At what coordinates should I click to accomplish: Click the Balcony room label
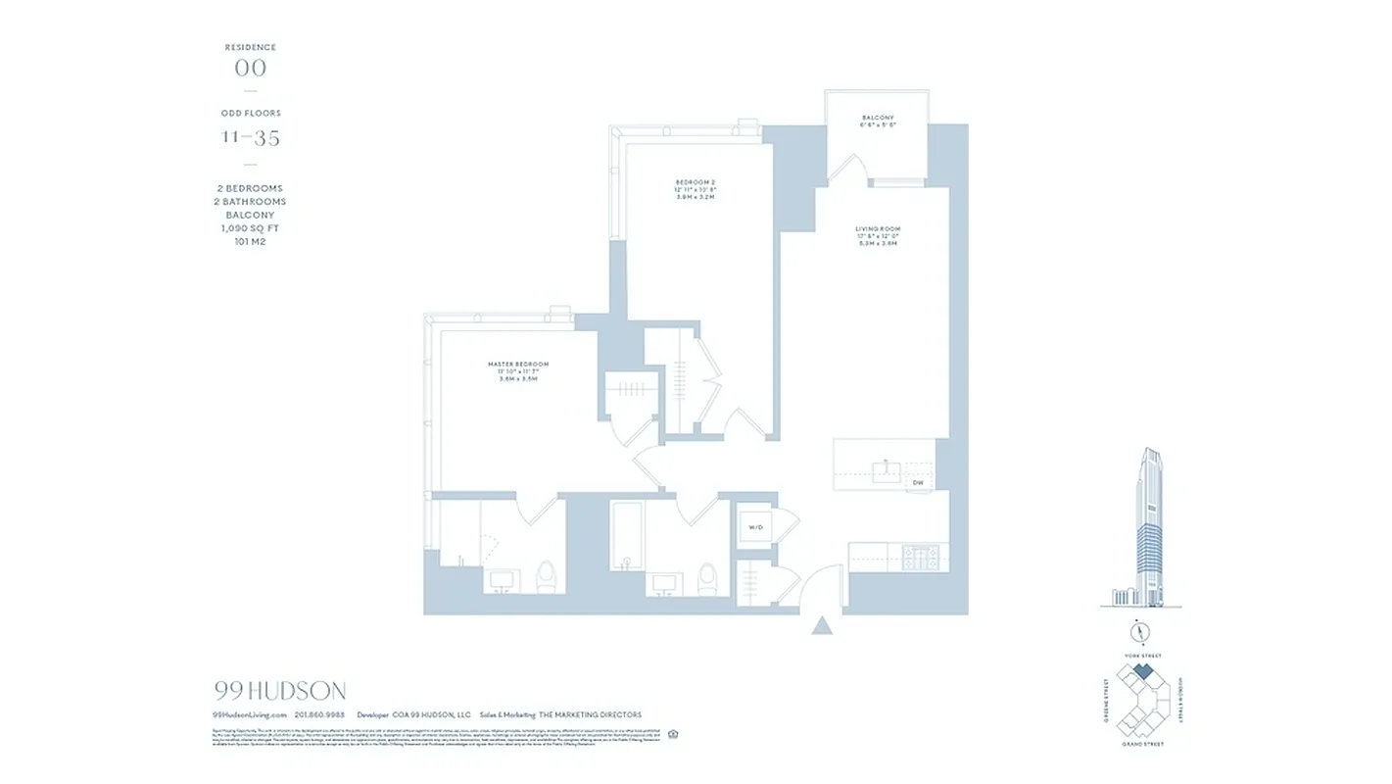[x=878, y=118]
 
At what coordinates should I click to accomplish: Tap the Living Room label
[x=877, y=229]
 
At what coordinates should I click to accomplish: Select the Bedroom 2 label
[x=696, y=182]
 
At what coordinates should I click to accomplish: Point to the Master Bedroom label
[x=518, y=365]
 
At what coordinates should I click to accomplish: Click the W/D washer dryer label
[x=756, y=526]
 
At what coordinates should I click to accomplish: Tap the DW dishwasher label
[x=918, y=482]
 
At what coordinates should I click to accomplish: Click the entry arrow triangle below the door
[x=823, y=624]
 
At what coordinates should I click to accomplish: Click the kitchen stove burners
[x=920, y=557]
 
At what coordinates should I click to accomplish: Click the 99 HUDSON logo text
[x=280, y=691]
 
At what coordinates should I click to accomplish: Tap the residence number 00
[x=251, y=68]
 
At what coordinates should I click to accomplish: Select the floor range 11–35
[x=251, y=137]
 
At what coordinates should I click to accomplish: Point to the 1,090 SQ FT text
[x=251, y=227]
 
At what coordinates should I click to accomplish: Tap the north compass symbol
[x=1137, y=630]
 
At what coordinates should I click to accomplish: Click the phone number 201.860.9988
[x=319, y=715]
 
